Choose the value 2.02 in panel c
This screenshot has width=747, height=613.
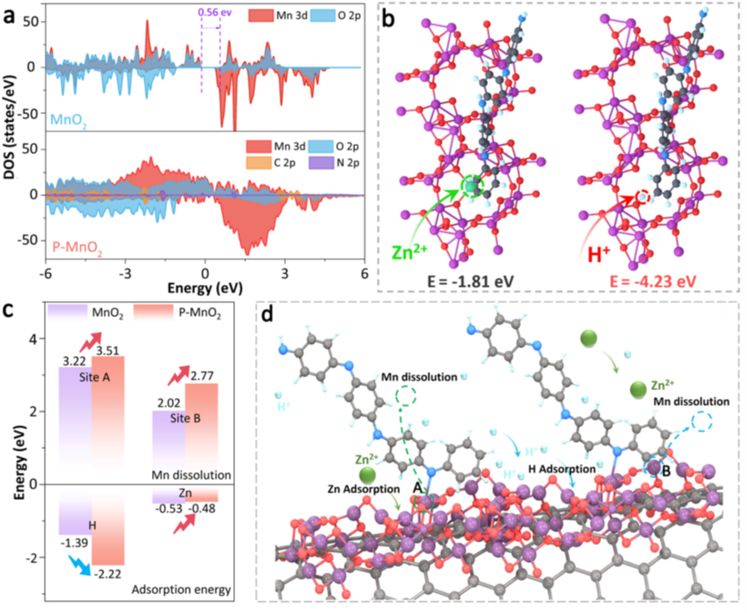click(167, 402)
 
